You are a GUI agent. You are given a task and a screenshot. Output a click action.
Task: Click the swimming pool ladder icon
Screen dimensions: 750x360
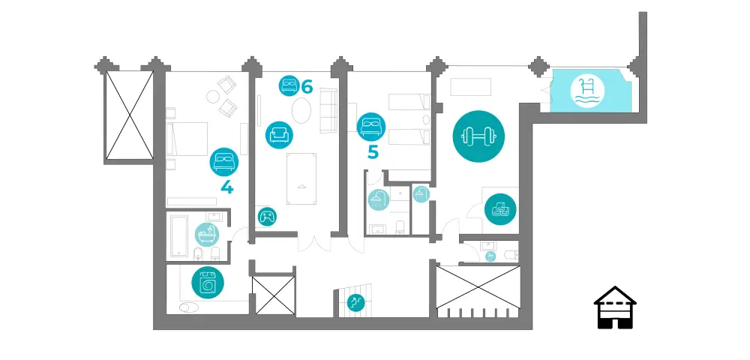587,92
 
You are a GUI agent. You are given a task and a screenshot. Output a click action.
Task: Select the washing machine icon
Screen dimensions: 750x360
208,283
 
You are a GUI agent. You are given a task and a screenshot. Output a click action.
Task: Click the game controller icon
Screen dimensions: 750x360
267,217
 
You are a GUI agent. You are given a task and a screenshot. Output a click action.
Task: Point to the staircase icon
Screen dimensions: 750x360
355,302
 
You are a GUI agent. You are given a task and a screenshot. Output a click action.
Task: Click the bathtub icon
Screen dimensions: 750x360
208,234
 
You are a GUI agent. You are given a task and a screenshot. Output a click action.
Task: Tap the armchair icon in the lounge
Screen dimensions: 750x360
279,135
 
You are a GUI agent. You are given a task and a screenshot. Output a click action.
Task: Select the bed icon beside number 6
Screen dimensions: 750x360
289,86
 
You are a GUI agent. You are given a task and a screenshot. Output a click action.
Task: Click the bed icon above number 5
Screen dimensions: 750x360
371,127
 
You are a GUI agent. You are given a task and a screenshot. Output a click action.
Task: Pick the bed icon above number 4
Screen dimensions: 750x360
224,161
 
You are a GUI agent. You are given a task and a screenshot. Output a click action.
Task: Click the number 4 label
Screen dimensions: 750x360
227,187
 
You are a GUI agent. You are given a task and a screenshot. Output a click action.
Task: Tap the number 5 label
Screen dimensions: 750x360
373,152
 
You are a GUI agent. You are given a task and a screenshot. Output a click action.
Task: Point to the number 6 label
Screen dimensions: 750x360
307,87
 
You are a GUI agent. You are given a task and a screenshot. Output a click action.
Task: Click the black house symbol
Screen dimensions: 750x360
615,307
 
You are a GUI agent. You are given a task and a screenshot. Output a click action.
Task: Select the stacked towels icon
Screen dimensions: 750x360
500,209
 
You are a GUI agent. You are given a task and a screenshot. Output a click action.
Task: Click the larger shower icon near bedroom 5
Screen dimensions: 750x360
378,199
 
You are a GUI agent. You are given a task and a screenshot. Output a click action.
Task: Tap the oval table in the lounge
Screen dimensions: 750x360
301,111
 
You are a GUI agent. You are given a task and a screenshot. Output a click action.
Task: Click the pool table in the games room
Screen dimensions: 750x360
301,178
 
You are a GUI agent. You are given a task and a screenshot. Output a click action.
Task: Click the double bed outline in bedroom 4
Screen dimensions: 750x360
187,139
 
